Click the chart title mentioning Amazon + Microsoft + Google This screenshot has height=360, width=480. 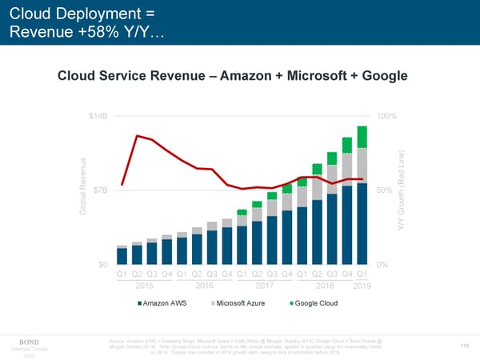(233, 76)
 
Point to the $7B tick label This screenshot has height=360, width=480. (100, 190)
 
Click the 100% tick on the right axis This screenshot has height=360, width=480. (387, 116)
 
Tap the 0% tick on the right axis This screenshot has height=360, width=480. (382, 265)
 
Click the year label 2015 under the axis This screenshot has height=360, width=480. (144, 286)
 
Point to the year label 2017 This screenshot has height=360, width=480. (264, 286)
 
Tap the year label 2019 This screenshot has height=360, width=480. (362, 286)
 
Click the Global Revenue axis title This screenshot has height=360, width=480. (84, 190)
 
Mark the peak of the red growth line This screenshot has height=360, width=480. (137, 136)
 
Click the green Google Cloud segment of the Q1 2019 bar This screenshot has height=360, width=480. (362, 137)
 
